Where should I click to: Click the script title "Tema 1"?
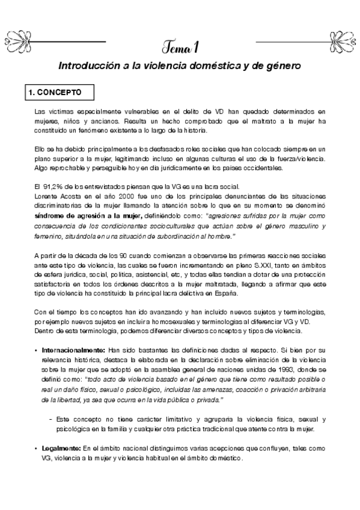pyautogui.click(x=180, y=45)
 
